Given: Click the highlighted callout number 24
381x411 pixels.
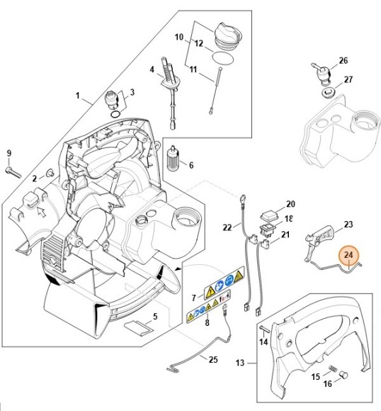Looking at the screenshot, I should coord(349,255).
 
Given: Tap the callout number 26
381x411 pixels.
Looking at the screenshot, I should coord(343,60).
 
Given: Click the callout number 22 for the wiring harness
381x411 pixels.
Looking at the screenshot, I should coord(227,227).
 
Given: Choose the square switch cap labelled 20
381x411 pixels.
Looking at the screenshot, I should coord(270,214).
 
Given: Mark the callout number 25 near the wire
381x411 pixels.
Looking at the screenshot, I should coord(213,359).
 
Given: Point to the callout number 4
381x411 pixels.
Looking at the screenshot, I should coord(151,69).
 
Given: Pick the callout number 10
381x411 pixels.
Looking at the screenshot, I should coord(178,36).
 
